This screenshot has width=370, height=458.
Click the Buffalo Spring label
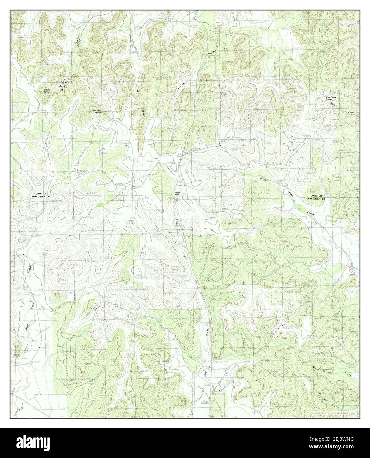[46, 91]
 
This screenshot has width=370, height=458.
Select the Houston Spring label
[97, 111]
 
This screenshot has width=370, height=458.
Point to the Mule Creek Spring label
[330, 98]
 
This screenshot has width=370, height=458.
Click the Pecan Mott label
[178, 194]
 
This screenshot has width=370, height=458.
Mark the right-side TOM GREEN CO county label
[316, 199]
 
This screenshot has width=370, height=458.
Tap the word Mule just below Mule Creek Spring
[335, 104]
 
